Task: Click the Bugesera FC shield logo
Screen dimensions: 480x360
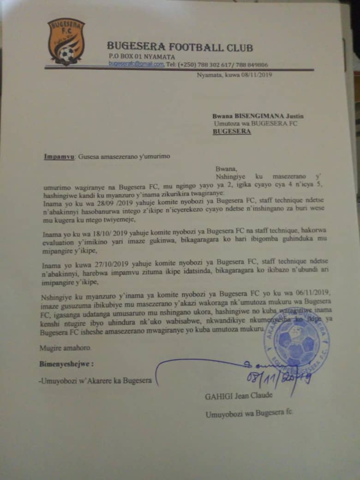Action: click(x=66, y=41)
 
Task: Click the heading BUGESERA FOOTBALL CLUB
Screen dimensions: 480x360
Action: click(x=180, y=47)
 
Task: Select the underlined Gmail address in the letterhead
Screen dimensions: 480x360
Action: click(x=136, y=65)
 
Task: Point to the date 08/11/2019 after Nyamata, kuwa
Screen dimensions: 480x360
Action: click(x=257, y=76)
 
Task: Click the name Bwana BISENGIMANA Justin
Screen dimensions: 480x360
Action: click(x=258, y=116)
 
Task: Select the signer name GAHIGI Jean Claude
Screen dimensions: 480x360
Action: click(x=239, y=396)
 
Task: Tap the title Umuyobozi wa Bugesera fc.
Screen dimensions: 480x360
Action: click(x=249, y=413)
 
